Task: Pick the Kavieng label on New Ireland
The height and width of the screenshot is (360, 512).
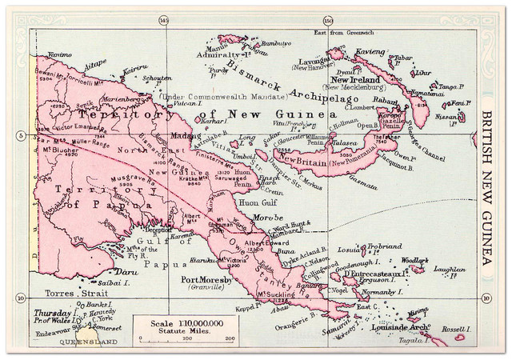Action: pos(370,50)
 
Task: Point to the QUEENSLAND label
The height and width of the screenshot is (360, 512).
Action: pos(67,342)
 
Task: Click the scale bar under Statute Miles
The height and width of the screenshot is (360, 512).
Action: pos(185,337)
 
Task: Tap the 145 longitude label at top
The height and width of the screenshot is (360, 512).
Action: pos(164,20)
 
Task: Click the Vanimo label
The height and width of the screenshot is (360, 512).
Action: pos(60,54)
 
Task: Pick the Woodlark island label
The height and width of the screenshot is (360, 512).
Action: pos(414,261)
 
